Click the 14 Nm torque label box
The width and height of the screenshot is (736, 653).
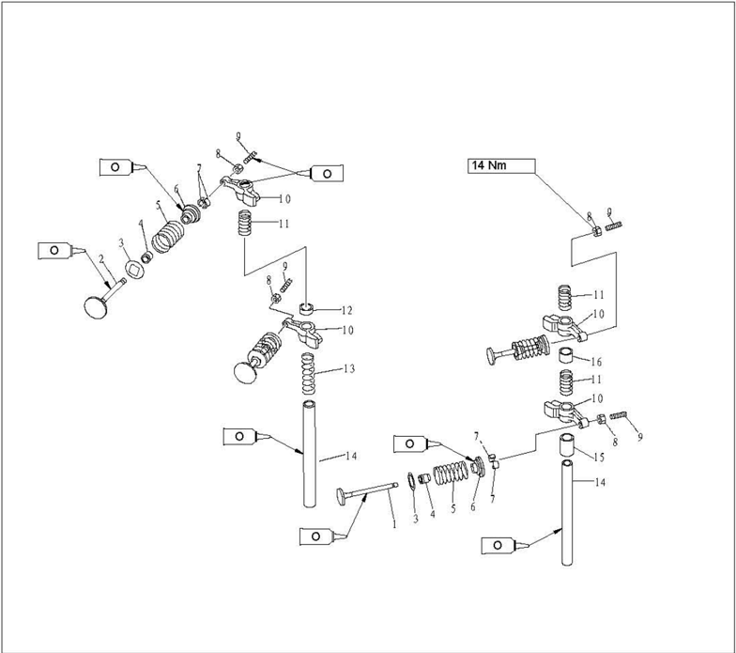(501, 166)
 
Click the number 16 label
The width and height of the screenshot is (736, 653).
(597, 362)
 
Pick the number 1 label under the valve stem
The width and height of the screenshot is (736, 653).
(394, 523)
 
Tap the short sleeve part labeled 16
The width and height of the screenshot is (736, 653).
(568, 355)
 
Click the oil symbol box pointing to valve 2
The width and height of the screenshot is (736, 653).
(54, 250)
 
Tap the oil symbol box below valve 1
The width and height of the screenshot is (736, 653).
(315, 536)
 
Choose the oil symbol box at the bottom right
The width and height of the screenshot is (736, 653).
(498, 545)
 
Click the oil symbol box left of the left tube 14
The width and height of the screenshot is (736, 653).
(238, 436)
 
